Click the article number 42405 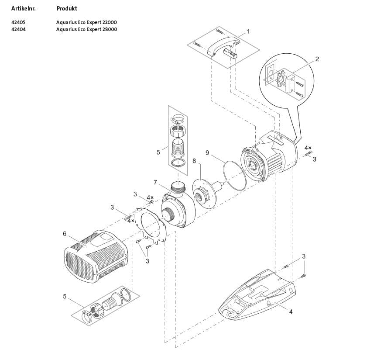pyautogui.click(x=18, y=22)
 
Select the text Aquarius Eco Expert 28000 pyautogui.click(x=86, y=29)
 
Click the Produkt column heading pyautogui.click(x=67, y=8)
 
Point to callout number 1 pyautogui.click(x=248, y=31)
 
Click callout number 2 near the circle pyautogui.click(x=317, y=59)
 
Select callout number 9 pyautogui.click(x=207, y=152)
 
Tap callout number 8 pyautogui.click(x=194, y=161)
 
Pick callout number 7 pyautogui.click(x=155, y=181)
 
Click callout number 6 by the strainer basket pyautogui.click(x=65, y=234)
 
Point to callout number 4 pyautogui.click(x=291, y=312)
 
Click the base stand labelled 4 pyautogui.click(x=257, y=297)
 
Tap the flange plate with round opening pyautogui.click(x=151, y=225)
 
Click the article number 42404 pyautogui.click(x=18, y=29)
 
